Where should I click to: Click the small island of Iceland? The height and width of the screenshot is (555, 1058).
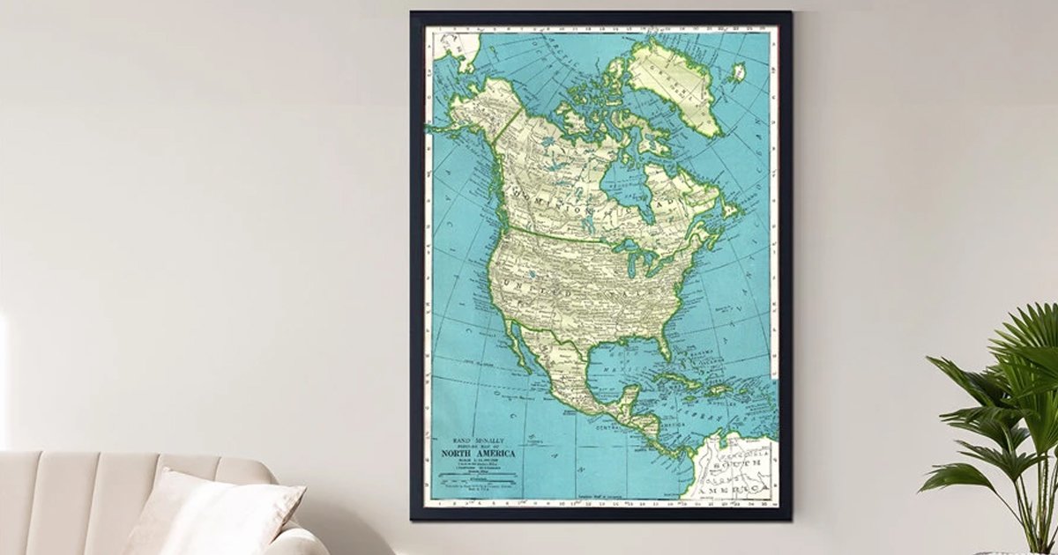[738, 72]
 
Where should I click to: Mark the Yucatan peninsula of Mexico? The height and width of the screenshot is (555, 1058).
[629, 400]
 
